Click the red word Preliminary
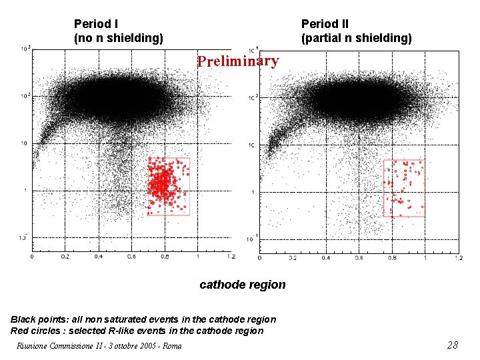237,61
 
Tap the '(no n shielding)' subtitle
118,38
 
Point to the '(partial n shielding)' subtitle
356,38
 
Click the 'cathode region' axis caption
243,285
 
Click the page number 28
452,345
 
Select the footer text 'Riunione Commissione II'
57,345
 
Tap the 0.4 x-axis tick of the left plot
97,257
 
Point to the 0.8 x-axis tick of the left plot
164,257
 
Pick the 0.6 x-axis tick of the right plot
358,257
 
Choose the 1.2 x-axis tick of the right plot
457,257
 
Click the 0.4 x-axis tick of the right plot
325,257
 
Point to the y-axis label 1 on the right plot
253,193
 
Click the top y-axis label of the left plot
25,49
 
